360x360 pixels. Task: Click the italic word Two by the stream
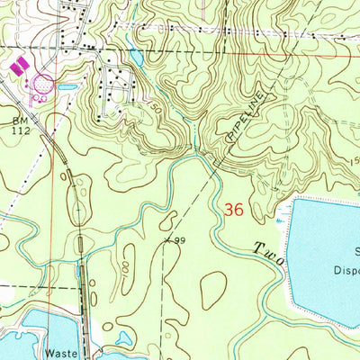click(x=267, y=251)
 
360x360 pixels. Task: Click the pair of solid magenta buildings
click(x=15, y=66)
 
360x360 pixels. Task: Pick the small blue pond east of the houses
click(x=136, y=57)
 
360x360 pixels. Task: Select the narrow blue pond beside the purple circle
click(x=67, y=87)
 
